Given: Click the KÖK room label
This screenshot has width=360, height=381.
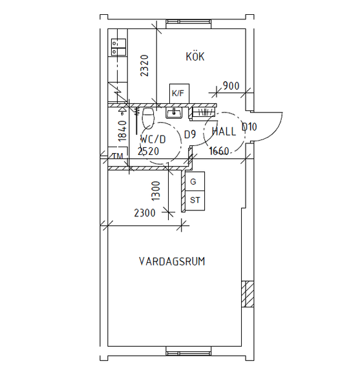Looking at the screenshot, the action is [195, 56].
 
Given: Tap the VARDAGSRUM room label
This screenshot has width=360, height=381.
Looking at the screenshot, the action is [172, 262].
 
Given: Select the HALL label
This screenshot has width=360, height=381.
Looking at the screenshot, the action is [224, 132].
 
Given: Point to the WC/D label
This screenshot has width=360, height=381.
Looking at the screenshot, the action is [153, 139].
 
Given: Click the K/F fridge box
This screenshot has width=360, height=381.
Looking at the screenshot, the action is [179, 94].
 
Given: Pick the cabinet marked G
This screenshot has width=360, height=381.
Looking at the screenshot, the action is [195, 181].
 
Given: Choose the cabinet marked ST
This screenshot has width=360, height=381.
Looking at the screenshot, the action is [195, 201].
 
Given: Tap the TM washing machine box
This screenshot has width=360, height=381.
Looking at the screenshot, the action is [118, 156].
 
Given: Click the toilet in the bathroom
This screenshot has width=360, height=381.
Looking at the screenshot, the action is [148, 118].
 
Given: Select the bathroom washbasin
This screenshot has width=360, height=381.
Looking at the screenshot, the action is [174, 113].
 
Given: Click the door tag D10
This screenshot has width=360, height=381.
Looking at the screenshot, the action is [249, 127].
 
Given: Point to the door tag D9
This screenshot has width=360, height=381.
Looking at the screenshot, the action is [190, 134].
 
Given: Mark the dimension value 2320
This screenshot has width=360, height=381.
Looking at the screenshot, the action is [145, 66].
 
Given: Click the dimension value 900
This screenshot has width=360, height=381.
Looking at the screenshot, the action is [231, 86].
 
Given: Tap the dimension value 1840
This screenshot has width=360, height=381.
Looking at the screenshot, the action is [122, 130].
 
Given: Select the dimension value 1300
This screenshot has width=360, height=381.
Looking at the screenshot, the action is [156, 191].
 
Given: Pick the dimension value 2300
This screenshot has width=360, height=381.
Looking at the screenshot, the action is [145, 213].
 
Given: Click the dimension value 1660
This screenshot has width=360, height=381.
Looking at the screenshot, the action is [219, 151].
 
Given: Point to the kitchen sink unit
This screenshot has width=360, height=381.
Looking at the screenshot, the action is [118, 47].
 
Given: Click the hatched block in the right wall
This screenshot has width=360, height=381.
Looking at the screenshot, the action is [248, 294].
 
